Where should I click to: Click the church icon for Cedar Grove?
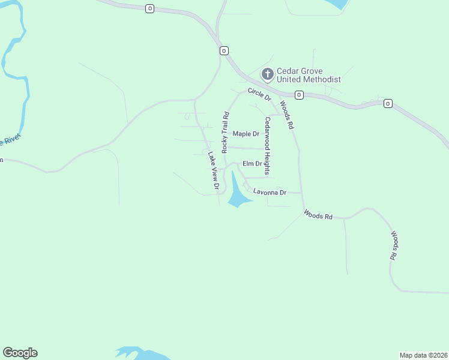[267, 74]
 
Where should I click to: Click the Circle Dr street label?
[259, 94]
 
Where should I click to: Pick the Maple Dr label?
[246, 134]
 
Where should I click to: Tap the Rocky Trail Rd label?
[226, 132]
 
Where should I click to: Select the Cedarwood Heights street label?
[268, 145]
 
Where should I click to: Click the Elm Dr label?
[252, 163]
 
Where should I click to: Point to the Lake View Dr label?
[212, 170]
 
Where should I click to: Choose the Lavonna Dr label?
[270, 192]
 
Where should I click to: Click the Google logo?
[20, 353]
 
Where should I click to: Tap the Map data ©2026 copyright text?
[423, 355]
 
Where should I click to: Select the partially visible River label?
[10, 141]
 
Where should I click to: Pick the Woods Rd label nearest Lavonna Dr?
[318, 214]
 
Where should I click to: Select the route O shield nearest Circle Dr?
[299, 95]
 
